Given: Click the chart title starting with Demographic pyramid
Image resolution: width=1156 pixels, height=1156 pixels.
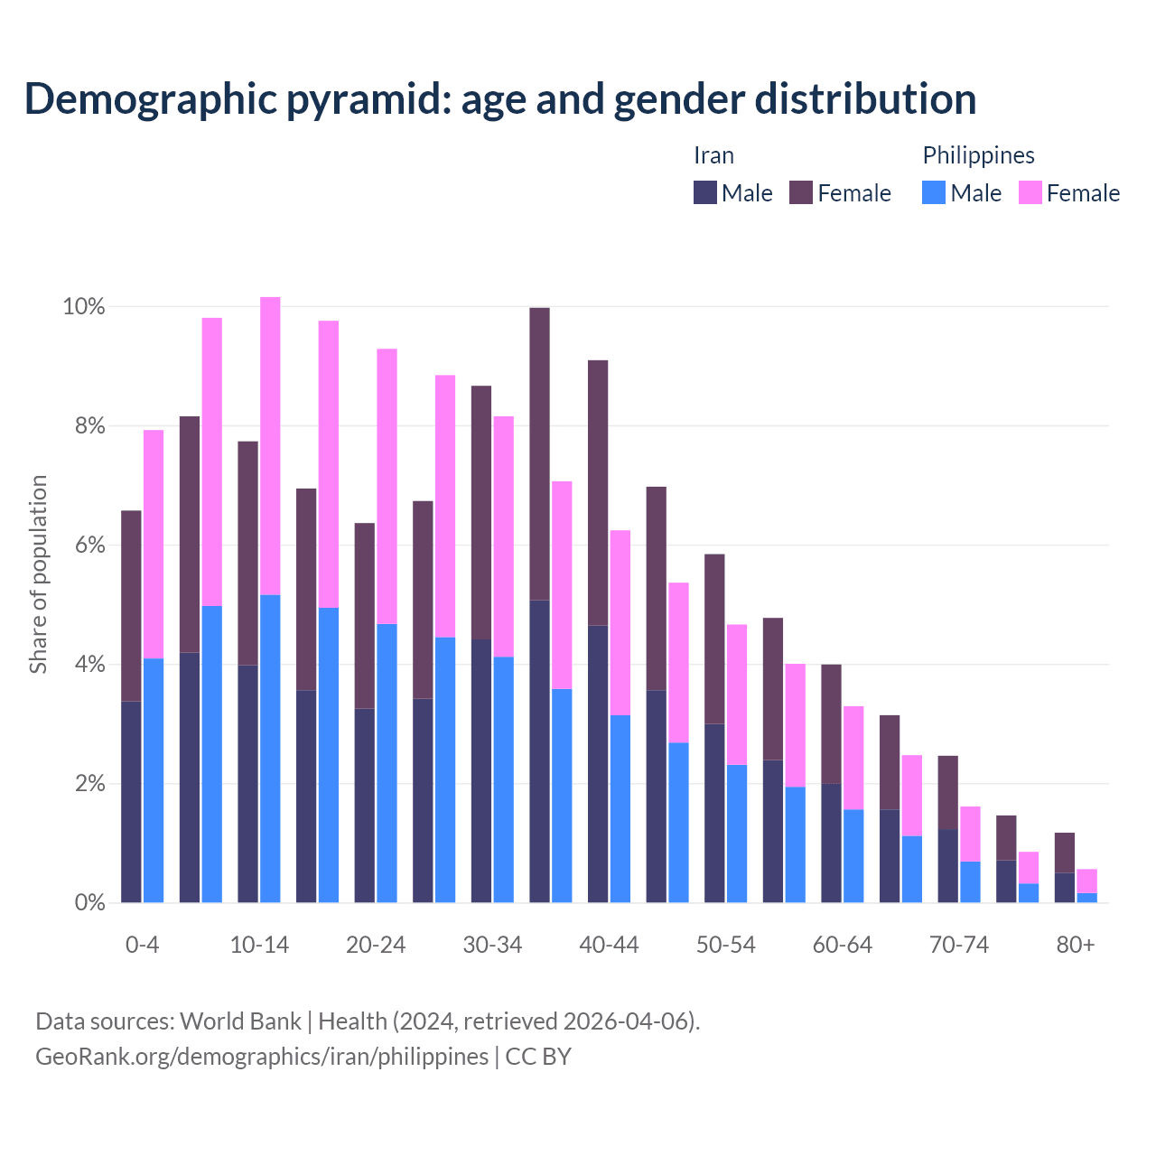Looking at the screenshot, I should (x=500, y=99).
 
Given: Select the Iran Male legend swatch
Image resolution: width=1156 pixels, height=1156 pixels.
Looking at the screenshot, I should (x=705, y=192).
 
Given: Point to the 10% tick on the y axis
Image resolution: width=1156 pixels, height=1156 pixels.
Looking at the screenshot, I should (x=83, y=307).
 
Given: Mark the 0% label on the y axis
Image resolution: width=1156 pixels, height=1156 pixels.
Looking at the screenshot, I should (x=89, y=902).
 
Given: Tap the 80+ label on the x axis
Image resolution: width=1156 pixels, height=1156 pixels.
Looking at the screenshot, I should (x=1076, y=945).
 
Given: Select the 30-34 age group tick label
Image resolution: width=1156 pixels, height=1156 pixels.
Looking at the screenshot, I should (x=492, y=945).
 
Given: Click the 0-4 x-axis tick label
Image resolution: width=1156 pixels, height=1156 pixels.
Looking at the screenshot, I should (x=142, y=945).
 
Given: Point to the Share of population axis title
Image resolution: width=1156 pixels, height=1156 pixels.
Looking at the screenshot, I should (x=38, y=574).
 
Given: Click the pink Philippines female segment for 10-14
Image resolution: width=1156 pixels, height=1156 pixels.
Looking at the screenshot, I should (x=270, y=445).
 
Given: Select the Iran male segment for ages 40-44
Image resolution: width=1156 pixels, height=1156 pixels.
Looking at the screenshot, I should (x=598, y=763).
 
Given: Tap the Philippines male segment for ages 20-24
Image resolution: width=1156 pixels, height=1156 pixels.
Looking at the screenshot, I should (x=387, y=763).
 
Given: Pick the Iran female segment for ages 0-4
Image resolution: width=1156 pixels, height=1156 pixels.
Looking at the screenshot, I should (x=131, y=606).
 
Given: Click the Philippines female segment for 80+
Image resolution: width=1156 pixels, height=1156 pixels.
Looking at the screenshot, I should (x=1087, y=881).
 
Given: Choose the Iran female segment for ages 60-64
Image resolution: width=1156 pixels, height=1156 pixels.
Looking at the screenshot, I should (x=831, y=723).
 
